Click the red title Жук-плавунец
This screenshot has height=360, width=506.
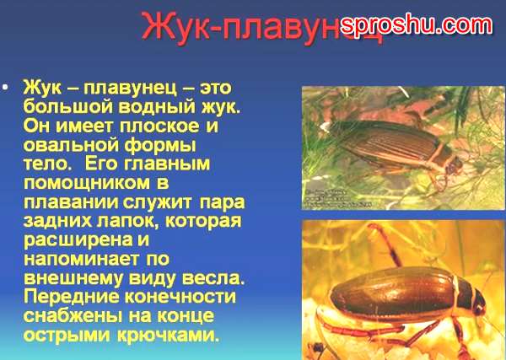261,26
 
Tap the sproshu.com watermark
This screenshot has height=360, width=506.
417,24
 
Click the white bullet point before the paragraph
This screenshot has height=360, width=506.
5,88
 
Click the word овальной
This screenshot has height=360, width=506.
72,145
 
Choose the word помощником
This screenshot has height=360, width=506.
87,183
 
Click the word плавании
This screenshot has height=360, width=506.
71,202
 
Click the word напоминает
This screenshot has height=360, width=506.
81,259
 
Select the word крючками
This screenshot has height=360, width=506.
168,335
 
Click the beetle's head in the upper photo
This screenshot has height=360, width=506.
455,162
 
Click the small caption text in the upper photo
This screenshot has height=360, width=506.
337,198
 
